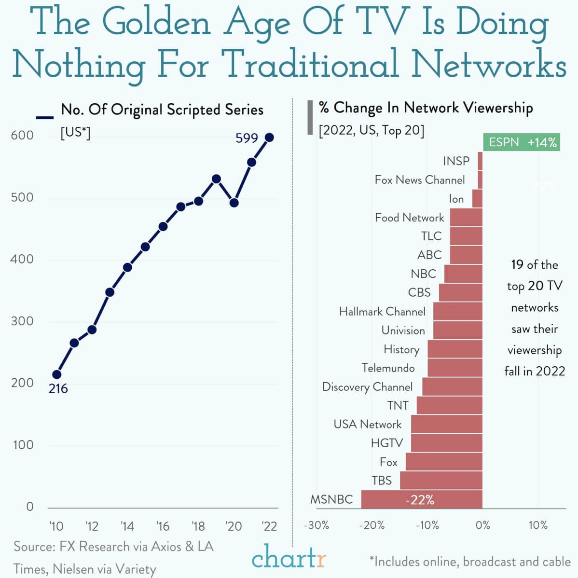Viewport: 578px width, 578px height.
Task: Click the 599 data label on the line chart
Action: (x=247, y=138)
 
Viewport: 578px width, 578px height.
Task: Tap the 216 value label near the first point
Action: (x=58, y=388)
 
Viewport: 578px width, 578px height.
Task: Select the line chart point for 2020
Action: (x=234, y=203)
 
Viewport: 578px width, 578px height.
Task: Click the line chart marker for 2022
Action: (x=269, y=138)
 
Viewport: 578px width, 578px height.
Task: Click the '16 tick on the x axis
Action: (x=163, y=526)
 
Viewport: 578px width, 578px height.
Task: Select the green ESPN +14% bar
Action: (x=521, y=142)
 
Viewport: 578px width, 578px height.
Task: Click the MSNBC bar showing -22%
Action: (x=421, y=499)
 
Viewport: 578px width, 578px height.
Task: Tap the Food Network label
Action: (x=409, y=218)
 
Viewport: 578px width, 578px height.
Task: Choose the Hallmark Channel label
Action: (x=382, y=312)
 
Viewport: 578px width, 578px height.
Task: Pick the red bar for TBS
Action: (x=441, y=481)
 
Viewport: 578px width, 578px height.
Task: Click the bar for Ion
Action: (x=477, y=198)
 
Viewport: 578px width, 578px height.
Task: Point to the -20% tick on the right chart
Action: (x=372, y=525)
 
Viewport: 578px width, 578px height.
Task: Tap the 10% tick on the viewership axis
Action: (x=537, y=525)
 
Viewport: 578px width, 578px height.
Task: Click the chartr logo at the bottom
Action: (x=289, y=559)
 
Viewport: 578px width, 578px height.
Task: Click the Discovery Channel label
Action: (x=367, y=387)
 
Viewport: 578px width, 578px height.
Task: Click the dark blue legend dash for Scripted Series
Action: (x=45, y=117)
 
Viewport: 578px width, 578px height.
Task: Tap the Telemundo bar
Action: (x=454, y=368)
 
